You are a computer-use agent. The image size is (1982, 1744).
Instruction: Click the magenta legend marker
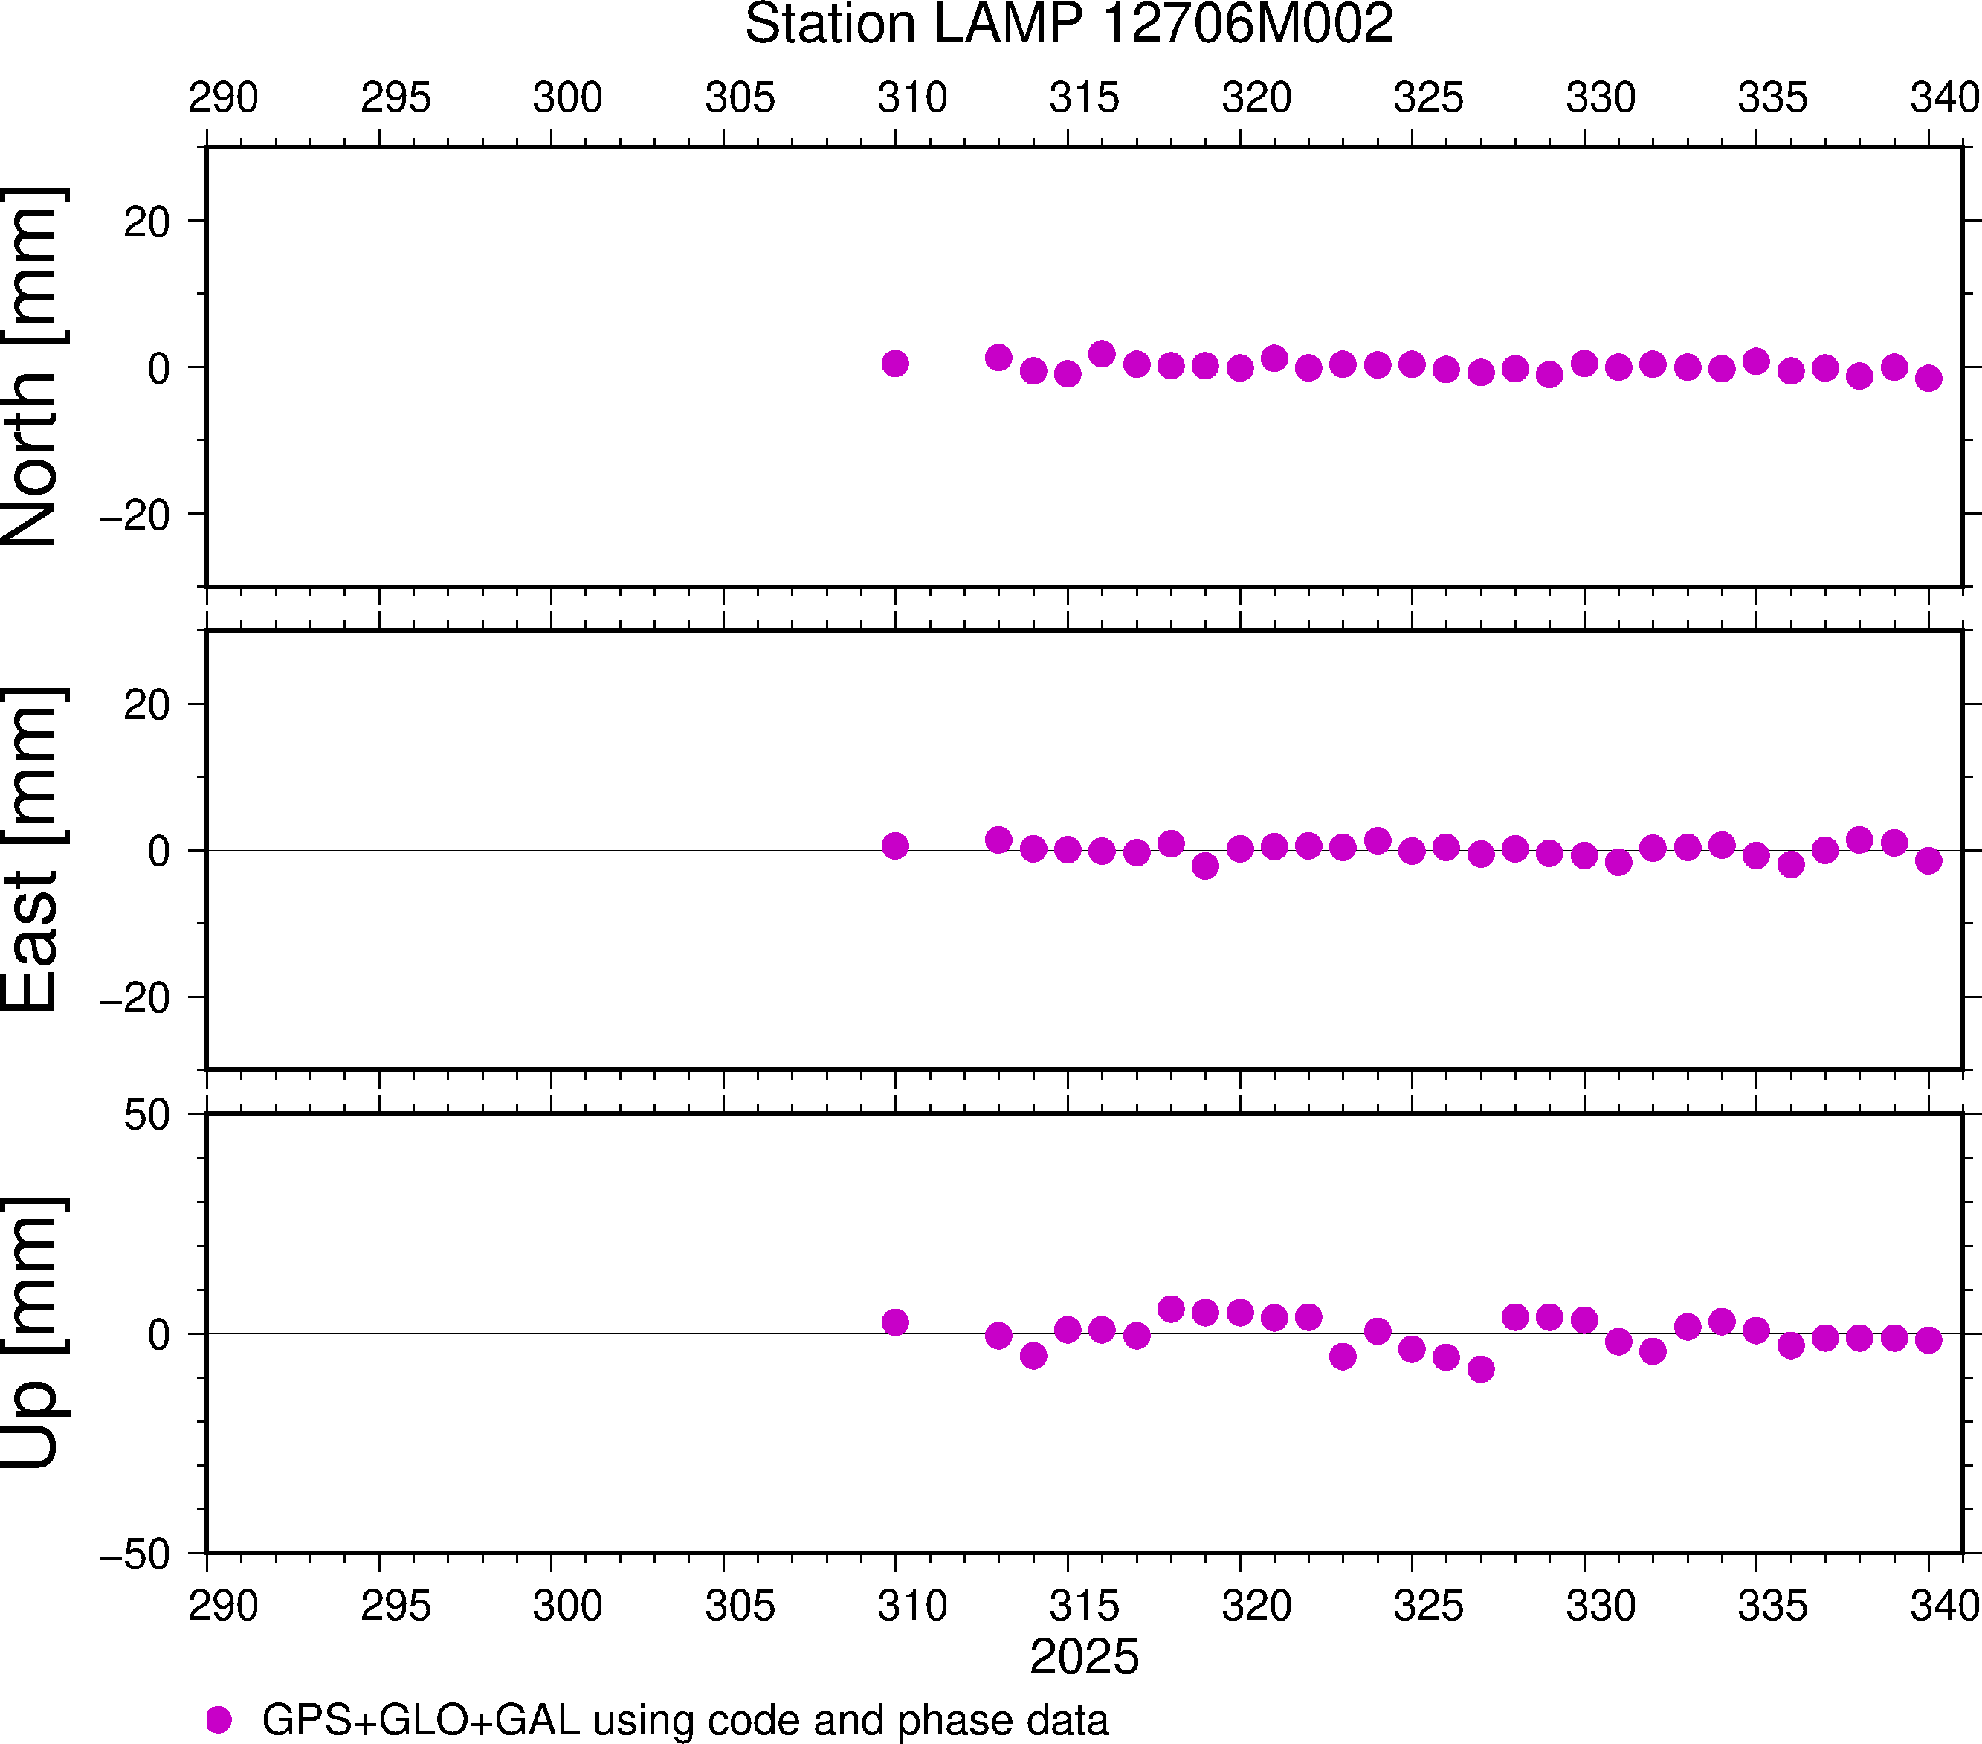click(x=219, y=1719)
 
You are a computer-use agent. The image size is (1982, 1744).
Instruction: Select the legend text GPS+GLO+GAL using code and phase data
click(x=685, y=1719)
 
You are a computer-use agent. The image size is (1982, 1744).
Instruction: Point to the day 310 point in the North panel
click(x=895, y=364)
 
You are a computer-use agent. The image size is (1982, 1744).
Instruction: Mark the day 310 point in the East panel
click(x=895, y=846)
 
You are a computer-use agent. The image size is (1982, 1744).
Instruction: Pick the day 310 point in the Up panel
click(x=895, y=1322)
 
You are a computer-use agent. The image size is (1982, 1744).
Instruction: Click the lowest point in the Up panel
click(x=1481, y=1368)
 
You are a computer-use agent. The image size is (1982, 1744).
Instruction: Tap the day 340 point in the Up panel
click(x=1928, y=1339)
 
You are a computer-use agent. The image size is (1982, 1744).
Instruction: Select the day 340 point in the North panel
click(x=1928, y=377)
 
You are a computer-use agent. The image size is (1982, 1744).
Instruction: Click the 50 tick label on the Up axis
click(x=146, y=1116)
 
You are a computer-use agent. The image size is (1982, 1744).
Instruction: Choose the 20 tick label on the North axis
click(x=146, y=222)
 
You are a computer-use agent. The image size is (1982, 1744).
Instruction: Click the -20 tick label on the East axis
click(x=135, y=997)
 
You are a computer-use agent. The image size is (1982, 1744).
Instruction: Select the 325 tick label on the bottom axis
click(x=1428, y=1605)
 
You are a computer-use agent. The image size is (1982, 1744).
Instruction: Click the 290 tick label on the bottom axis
click(x=223, y=1605)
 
